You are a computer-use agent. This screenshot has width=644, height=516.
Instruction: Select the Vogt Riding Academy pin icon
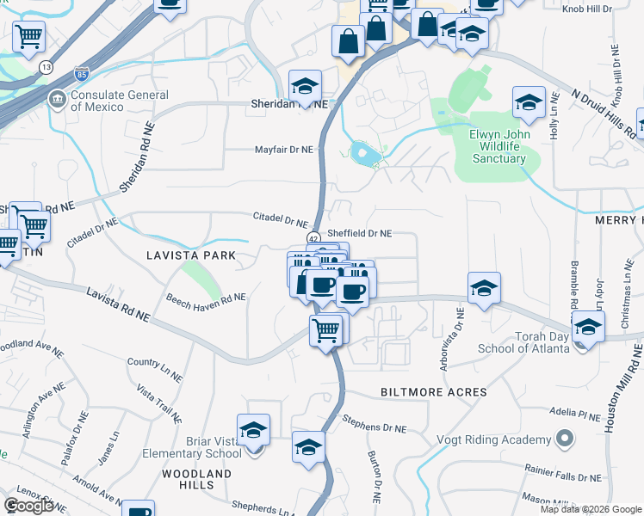pos(564,439)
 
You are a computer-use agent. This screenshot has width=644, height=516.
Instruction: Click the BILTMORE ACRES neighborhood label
pos(434,392)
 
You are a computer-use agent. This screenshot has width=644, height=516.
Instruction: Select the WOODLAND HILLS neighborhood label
pos(197,479)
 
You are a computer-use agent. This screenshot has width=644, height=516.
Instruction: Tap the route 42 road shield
pos(313,238)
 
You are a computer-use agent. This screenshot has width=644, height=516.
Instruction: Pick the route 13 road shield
pos(46,66)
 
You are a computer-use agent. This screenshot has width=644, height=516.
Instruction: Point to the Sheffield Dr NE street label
pos(360,233)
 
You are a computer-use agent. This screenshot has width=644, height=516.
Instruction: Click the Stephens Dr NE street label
pos(374,422)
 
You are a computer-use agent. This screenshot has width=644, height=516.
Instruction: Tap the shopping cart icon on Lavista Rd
pos(326,329)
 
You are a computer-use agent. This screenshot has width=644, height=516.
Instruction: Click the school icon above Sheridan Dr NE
pos(305,86)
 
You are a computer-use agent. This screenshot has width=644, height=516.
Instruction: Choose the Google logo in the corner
pos(28,506)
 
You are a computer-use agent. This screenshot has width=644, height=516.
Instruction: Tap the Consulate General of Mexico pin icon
pos(58,98)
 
